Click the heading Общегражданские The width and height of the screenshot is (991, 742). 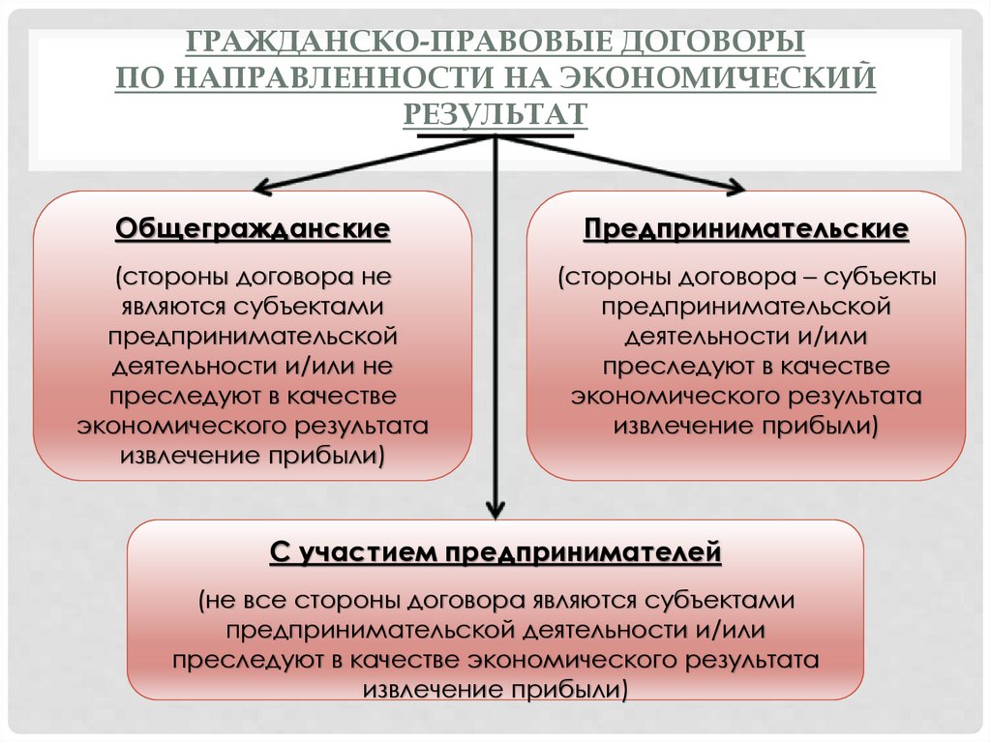253,229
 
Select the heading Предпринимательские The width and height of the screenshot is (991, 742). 745,229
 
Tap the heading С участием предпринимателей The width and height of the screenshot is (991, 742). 495,553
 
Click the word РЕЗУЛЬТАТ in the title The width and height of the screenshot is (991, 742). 495,112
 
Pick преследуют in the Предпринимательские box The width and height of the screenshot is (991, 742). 663,367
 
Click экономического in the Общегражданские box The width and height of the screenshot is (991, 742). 171,426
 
